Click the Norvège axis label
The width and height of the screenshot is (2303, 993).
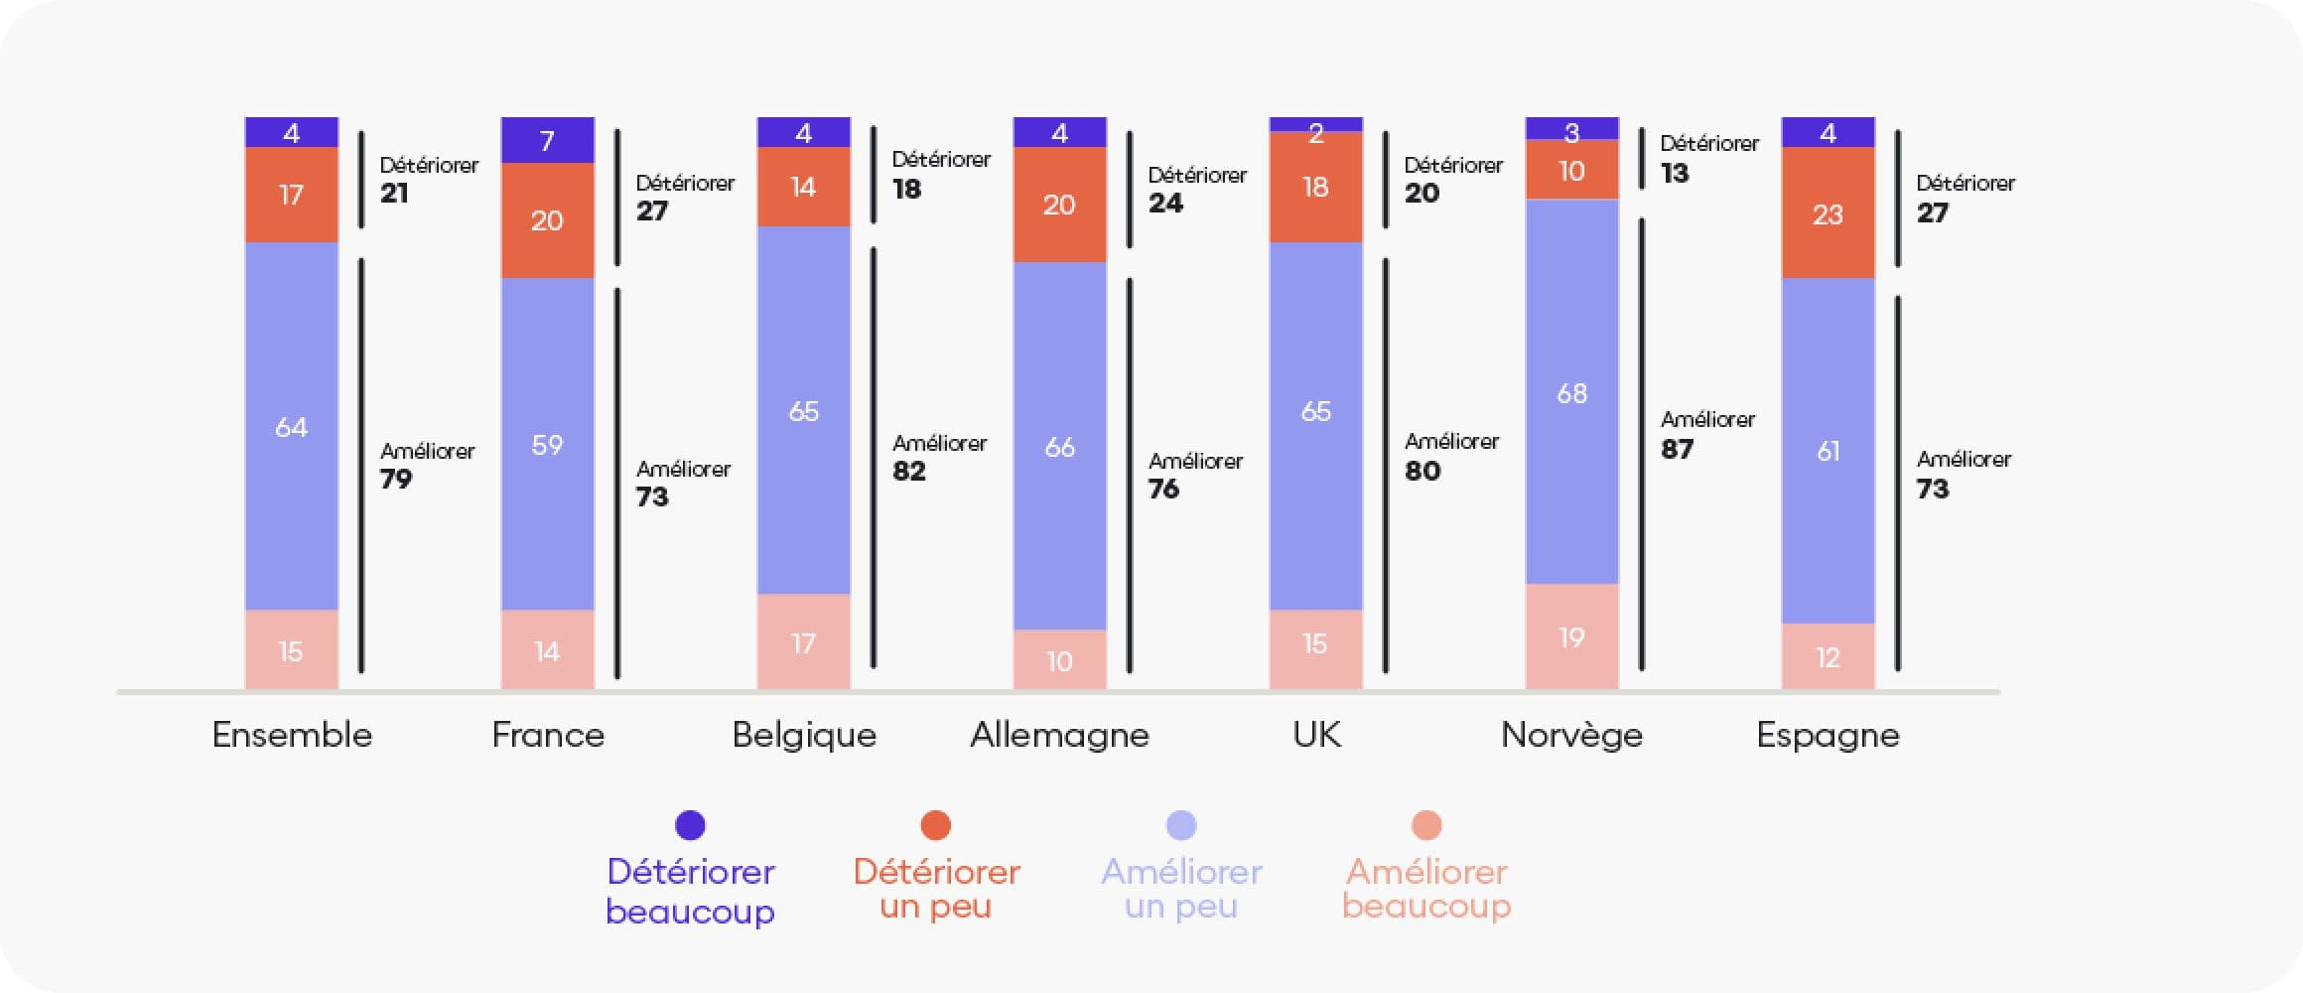point(1571,735)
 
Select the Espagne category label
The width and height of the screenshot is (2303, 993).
point(1828,735)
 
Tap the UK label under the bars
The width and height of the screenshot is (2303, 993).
point(1316,735)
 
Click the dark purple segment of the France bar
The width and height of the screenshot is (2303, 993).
point(547,140)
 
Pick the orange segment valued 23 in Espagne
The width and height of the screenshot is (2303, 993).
point(1828,213)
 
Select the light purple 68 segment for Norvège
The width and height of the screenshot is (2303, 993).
point(1571,392)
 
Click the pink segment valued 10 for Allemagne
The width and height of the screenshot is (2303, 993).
point(1059,659)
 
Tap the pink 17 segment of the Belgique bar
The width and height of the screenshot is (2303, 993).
point(803,642)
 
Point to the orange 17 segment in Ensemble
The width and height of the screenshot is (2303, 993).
point(291,195)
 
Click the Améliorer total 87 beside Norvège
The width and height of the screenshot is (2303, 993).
point(1678,449)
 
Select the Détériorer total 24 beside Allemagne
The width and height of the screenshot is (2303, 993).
point(1166,203)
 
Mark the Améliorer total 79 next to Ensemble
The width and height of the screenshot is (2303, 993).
point(396,479)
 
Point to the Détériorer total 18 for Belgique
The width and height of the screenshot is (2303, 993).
point(907,189)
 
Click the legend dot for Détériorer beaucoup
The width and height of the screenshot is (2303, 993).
point(690,825)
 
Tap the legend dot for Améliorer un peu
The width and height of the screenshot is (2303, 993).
point(1181,825)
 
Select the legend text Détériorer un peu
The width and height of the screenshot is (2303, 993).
point(936,888)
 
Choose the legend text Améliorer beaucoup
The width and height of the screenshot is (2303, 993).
point(1426,888)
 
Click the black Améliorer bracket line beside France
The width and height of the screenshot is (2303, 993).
point(617,483)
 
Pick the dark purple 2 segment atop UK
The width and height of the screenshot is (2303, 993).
point(1315,125)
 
